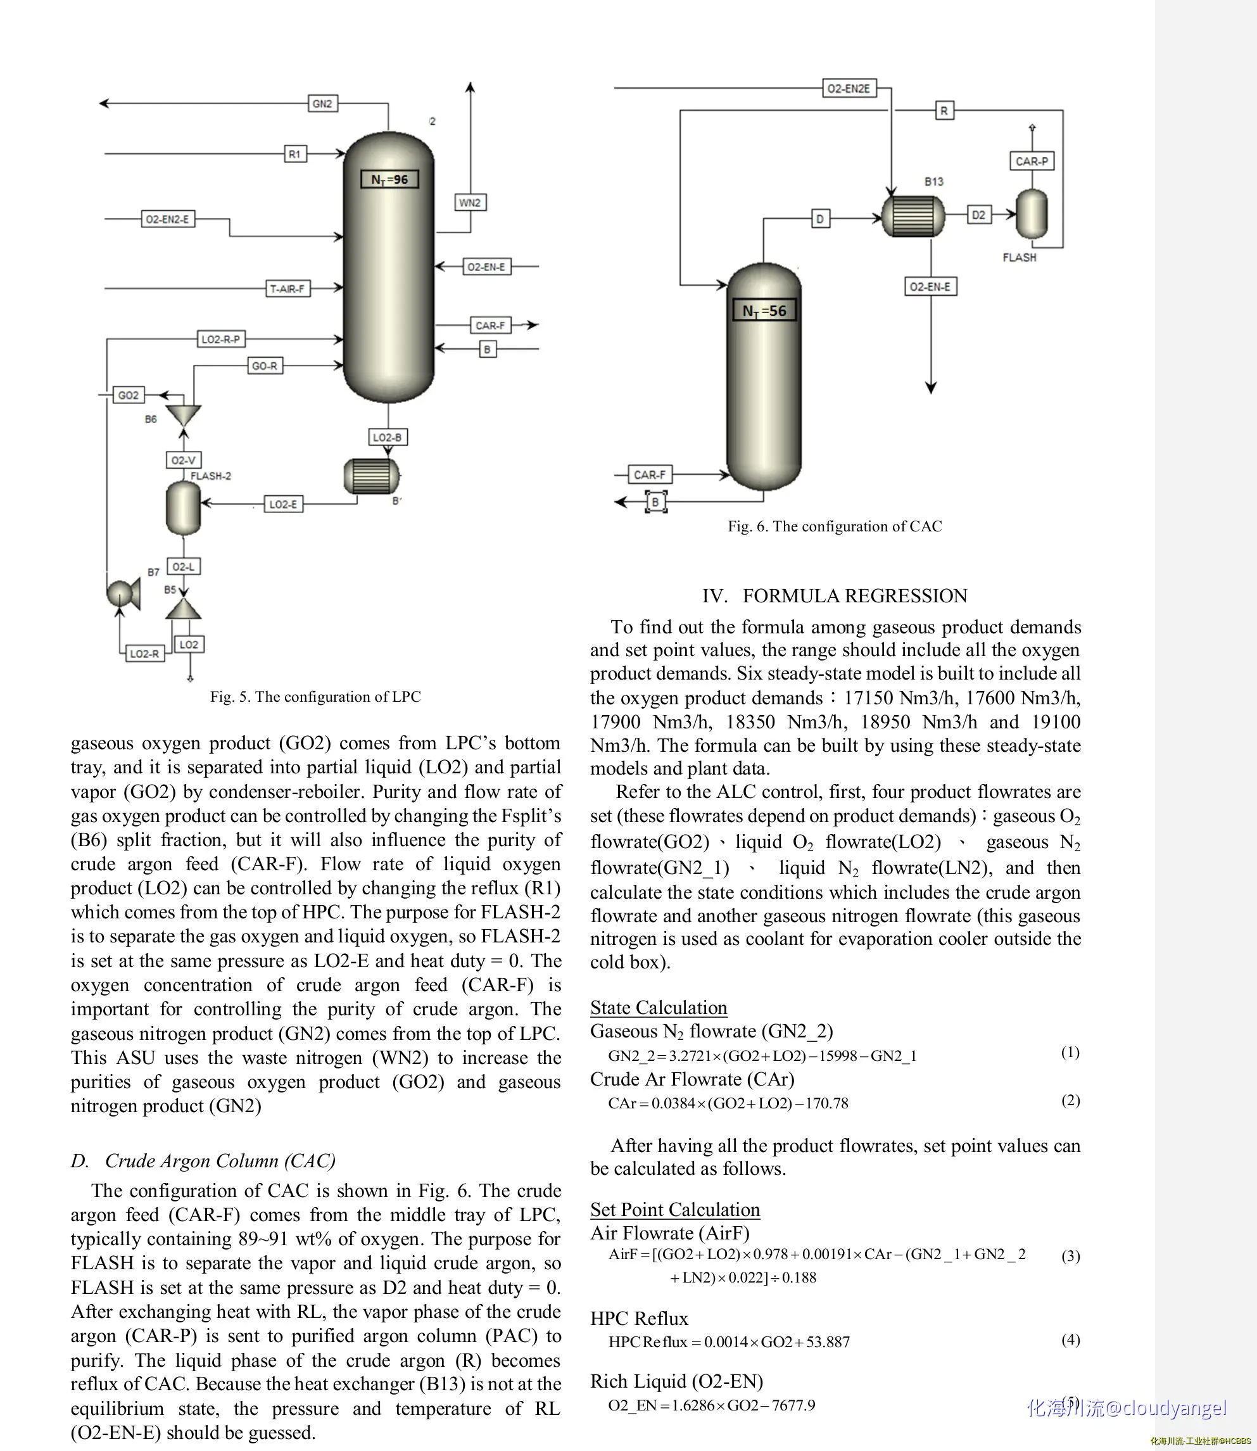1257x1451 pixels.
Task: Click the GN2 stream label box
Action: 322,104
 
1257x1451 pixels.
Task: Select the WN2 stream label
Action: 469,203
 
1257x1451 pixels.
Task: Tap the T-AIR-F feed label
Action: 287,288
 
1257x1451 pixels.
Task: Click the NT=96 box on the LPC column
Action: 389,180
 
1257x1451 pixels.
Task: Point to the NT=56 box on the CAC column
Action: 764,311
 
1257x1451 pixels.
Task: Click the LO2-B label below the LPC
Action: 387,437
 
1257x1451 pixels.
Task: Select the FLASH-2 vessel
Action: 184,507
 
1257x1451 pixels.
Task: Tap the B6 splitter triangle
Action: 184,415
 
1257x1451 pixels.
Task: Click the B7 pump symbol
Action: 123,593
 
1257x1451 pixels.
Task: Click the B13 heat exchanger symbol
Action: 913,215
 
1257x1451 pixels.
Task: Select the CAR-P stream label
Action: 1032,162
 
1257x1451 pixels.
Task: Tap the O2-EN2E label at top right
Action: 849,89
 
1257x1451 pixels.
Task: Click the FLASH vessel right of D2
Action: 1032,215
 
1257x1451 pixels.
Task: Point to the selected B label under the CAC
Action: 655,502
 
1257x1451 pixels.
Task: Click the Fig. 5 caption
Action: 315,697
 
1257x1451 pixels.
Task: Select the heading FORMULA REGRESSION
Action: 854,596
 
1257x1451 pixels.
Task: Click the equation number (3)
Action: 1070,1256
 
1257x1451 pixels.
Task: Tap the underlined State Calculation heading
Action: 659,1008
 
